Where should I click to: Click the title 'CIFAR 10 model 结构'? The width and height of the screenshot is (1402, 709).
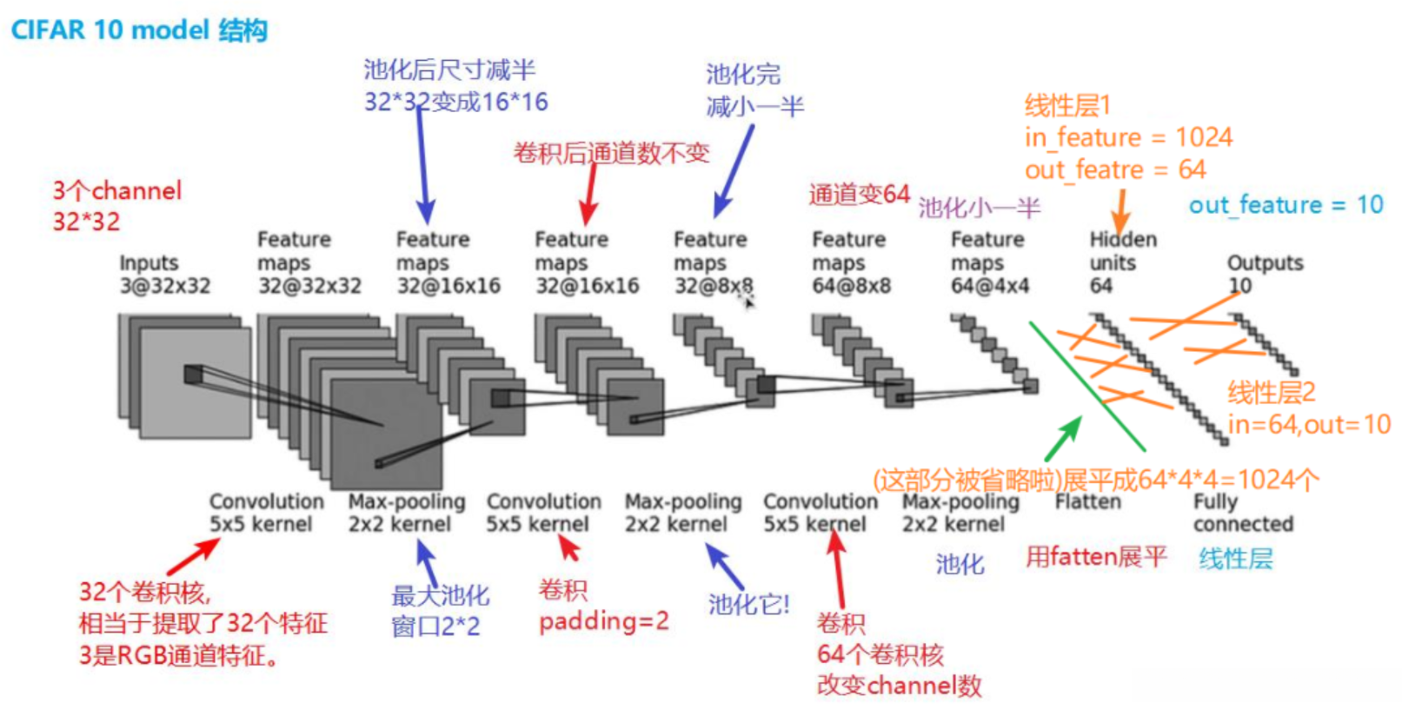pyautogui.click(x=139, y=30)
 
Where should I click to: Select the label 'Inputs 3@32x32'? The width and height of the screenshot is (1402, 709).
pyautogui.click(x=164, y=274)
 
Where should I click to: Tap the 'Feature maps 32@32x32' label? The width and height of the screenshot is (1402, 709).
pyautogui.click(x=309, y=262)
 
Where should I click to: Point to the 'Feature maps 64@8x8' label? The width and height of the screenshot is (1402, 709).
pyautogui.click(x=851, y=262)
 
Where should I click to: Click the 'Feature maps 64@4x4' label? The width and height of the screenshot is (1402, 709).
pyautogui.click(x=989, y=262)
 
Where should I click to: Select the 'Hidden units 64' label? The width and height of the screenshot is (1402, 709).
pyautogui.click(x=1121, y=262)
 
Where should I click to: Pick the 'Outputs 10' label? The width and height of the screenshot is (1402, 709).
pyautogui.click(x=1264, y=274)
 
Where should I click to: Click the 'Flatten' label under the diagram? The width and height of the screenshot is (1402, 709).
pyautogui.click(x=1087, y=502)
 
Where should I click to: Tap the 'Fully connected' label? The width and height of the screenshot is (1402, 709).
pyautogui.click(x=1242, y=513)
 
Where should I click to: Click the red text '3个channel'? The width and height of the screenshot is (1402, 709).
pyautogui.click(x=117, y=190)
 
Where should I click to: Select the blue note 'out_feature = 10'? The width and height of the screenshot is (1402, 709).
pyautogui.click(x=1286, y=205)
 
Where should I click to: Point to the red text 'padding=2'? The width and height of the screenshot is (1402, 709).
pyautogui.click(x=604, y=621)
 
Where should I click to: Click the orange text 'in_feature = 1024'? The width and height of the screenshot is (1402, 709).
pyautogui.click(x=1127, y=137)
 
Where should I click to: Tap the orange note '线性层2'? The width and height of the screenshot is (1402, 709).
pyautogui.click(x=1271, y=393)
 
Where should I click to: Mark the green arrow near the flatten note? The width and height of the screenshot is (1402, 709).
pyautogui.click(x=1063, y=439)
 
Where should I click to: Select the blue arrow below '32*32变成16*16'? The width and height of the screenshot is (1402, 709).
pyautogui.click(x=422, y=165)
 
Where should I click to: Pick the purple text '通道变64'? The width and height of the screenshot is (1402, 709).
pyautogui.click(x=859, y=194)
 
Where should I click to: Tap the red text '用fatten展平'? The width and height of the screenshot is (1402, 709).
pyautogui.click(x=1095, y=557)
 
